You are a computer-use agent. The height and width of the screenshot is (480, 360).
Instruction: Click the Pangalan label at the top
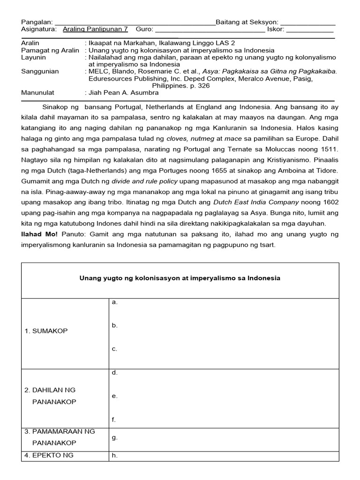coord(37,22)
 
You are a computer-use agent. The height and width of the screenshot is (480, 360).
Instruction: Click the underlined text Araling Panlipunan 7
coord(95,29)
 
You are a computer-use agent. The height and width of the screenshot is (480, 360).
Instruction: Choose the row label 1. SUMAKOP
coord(46,331)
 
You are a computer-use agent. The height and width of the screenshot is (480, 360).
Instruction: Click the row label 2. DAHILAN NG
coord(50,390)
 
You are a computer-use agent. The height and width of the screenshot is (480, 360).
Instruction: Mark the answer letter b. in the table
coord(114,325)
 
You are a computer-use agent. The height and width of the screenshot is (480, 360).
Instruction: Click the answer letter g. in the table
coord(114,437)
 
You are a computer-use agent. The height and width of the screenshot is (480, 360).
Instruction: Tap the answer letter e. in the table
coord(114,396)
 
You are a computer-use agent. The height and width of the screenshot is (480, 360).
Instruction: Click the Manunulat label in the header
coord(38,93)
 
